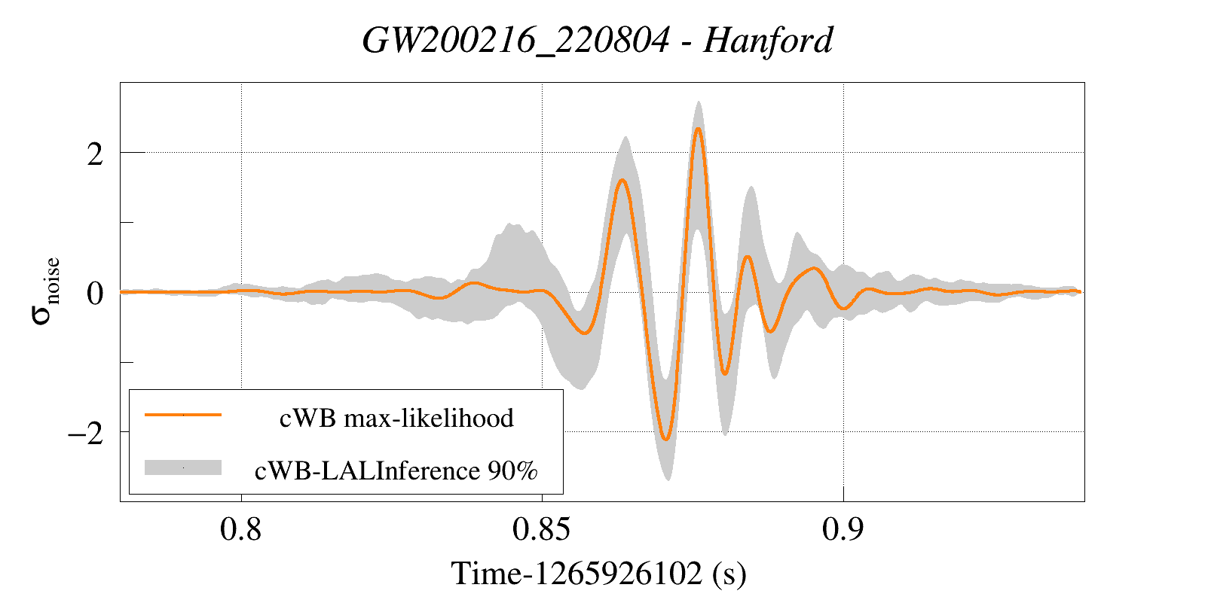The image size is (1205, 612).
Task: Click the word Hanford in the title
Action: click(x=768, y=40)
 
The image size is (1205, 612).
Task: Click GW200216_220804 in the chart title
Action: click(x=515, y=40)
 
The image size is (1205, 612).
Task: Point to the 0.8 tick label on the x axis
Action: click(x=241, y=529)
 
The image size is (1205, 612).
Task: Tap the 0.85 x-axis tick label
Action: click(x=541, y=529)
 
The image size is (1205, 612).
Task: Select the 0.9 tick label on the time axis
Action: click(x=843, y=529)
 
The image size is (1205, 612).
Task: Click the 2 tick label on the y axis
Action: click(x=95, y=154)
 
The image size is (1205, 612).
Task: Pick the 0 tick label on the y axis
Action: click(x=95, y=294)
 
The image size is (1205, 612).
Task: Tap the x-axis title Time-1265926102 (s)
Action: click(x=598, y=574)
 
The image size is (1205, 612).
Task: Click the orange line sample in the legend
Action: click(x=183, y=415)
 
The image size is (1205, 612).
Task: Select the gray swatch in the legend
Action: click(x=183, y=467)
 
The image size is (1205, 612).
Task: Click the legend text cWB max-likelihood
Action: click(x=396, y=418)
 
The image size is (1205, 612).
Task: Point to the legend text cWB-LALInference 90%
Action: click(x=396, y=470)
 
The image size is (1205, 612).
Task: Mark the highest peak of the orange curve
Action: click(x=699, y=129)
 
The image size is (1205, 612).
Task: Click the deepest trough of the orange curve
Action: click(x=665, y=439)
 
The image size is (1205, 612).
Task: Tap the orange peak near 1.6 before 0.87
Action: click(x=622, y=180)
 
